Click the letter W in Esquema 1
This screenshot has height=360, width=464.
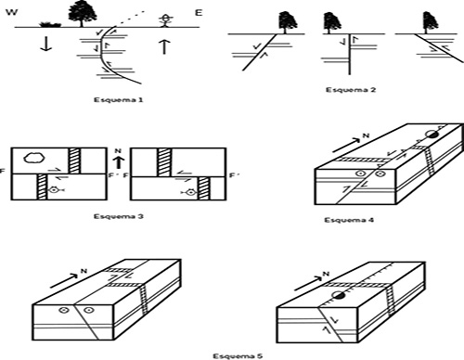(x=12, y=12)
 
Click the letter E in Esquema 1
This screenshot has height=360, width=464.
(x=199, y=13)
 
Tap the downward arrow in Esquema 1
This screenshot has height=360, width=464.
(x=45, y=44)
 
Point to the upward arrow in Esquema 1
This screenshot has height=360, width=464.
(x=164, y=46)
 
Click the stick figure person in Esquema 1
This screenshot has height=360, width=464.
(x=165, y=20)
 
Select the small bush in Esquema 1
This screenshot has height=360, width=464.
(x=49, y=24)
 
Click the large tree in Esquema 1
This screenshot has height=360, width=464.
(x=83, y=14)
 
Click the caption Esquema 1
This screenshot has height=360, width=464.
(x=119, y=100)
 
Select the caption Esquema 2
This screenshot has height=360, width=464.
(x=351, y=90)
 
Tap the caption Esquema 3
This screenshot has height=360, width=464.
(x=119, y=216)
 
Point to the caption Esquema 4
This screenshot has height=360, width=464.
(x=349, y=220)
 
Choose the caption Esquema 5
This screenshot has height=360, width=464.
(x=238, y=356)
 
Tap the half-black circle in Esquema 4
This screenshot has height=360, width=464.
(x=432, y=135)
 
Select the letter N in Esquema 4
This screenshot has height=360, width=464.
(x=366, y=135)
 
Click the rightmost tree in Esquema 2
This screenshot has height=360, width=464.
(x=431, y=22)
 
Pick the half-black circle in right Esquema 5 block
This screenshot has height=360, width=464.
(x=338, y=295)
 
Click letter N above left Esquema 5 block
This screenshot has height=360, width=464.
(x=84, y=271)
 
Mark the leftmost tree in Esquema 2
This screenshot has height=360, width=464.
(x=288, y=22)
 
